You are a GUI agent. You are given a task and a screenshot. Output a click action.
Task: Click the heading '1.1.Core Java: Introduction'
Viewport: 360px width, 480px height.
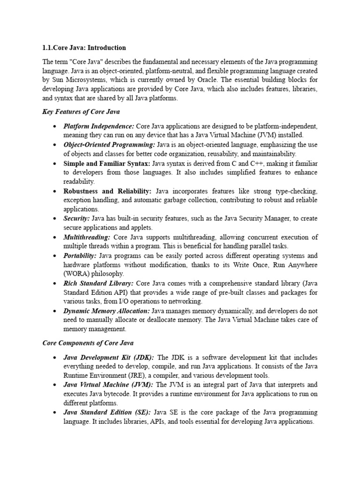point(84,48)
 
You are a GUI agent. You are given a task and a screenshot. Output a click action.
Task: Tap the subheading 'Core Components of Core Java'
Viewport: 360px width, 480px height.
point(88,343)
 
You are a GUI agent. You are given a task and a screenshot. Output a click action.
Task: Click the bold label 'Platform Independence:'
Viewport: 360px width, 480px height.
point(99,127)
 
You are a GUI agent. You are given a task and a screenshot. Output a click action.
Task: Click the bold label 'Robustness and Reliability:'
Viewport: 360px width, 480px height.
point(107,191)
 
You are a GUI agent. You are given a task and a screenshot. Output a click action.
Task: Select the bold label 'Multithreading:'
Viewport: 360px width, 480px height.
point(87,237)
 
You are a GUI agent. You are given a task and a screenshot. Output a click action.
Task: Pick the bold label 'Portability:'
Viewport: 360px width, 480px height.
point(80,255)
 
